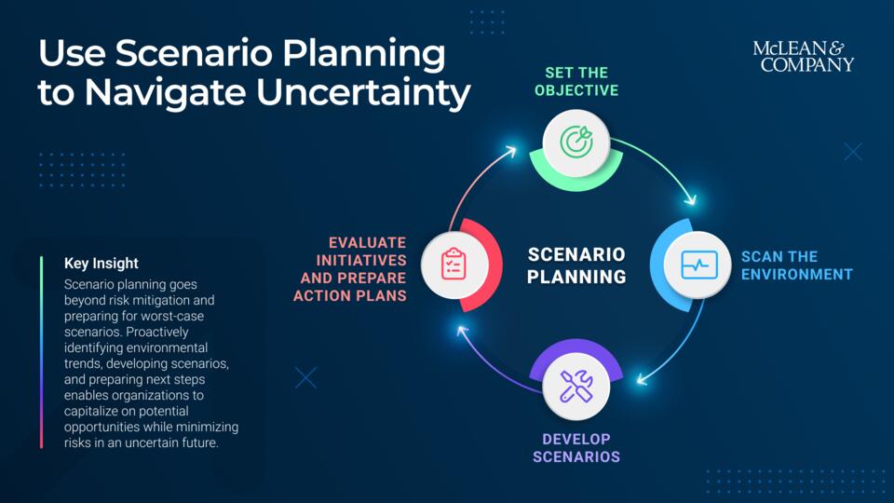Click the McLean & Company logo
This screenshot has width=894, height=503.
804,57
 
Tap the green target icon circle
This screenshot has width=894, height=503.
576,143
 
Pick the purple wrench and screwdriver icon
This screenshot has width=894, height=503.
576,386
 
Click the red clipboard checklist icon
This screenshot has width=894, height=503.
454,265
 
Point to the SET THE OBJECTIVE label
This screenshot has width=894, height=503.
576,82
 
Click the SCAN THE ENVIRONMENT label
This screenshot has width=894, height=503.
797,265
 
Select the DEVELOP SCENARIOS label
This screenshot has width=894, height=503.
576,448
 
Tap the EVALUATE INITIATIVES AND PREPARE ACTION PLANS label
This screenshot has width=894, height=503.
349,269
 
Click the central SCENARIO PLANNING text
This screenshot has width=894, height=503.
576,265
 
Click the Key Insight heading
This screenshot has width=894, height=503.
101,264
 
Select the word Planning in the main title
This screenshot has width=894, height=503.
364,55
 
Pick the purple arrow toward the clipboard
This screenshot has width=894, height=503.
491,370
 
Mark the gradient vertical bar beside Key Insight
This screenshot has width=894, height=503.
42,352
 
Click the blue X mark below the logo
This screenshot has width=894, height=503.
853,152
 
